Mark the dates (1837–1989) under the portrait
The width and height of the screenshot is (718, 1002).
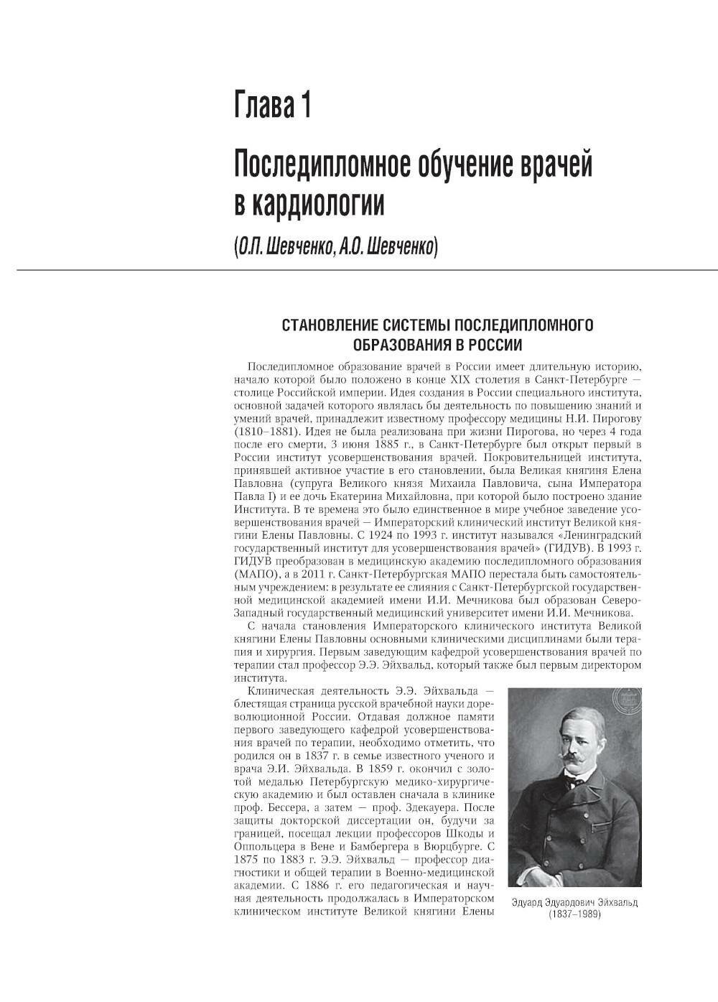click(574, 914)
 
